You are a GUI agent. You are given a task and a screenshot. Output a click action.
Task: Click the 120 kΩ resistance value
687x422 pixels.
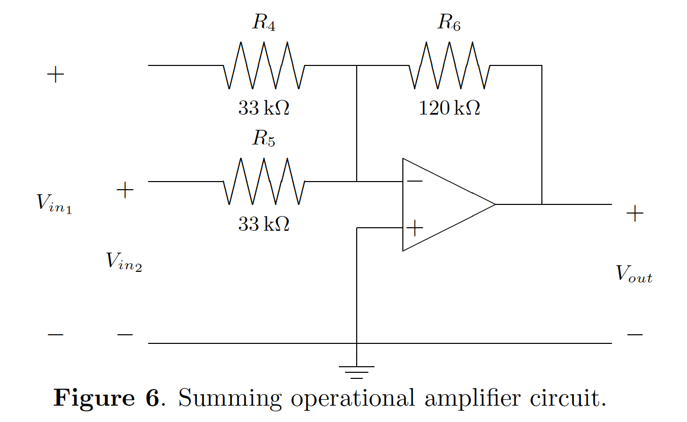pos(449,108)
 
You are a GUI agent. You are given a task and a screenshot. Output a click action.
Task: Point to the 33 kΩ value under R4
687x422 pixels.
pos(264,108)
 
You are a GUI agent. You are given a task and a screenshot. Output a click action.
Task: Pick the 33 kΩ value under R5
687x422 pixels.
pos(264,224)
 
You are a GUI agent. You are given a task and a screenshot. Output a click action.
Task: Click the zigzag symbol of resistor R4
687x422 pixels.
pos(264,66)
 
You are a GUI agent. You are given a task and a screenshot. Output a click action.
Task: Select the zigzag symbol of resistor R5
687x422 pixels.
pos(264,182)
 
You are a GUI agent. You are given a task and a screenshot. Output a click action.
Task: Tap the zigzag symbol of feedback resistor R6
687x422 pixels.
pos(449,66)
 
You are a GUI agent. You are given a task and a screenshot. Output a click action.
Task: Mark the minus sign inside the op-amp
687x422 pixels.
pos(415,181)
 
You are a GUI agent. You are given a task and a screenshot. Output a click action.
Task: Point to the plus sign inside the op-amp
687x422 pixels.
pos(415,228)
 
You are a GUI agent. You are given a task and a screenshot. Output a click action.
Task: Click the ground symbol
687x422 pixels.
pos(357,372)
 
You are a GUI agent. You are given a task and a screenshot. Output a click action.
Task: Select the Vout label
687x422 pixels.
pos(634,274)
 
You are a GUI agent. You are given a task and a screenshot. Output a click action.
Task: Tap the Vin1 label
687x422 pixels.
pos(54,203)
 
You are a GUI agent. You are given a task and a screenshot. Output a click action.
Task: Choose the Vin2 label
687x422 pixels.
pos(124,262)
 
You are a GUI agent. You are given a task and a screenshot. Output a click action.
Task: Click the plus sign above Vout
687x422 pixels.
pos(634,214)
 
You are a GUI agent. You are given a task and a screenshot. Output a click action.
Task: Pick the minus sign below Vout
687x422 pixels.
pos(634,335)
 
